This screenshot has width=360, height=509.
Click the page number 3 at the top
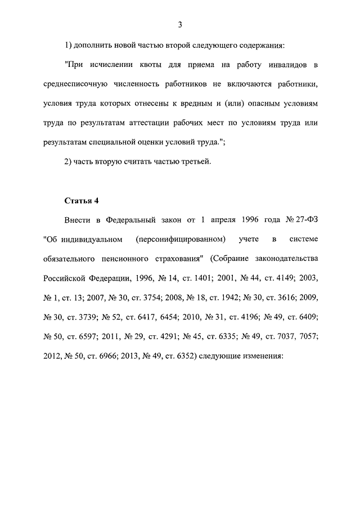tap(179, 24)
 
